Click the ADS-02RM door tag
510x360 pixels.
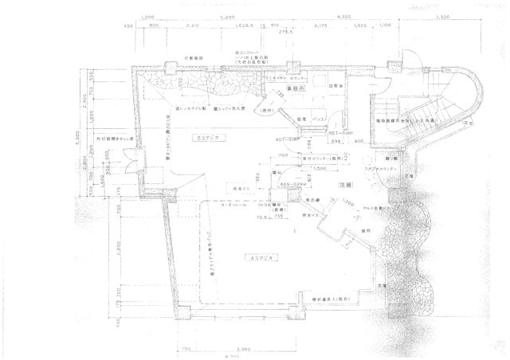292,185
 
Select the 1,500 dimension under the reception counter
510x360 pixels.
299,169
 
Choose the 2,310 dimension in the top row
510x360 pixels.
192,27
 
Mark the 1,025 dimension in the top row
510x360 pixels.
360,27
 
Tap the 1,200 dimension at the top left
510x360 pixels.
147,17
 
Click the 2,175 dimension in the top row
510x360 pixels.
320,27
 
